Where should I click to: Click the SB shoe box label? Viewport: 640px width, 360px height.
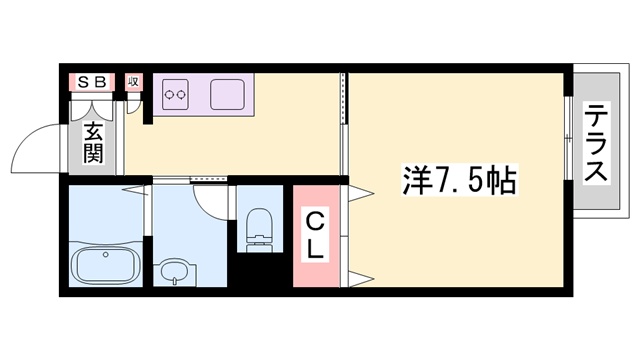tap(91, 81)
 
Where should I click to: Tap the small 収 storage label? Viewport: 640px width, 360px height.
tap(133, 81)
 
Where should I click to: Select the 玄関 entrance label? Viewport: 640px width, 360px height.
tap(93, 142)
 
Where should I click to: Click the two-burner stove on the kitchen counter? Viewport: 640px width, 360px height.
tap(176, 95)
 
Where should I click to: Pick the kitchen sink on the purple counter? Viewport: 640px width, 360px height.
tap(227, 94)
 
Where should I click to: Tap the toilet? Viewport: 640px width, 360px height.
tap(258, 225)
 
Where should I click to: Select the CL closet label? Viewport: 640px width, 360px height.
tap(314, 235)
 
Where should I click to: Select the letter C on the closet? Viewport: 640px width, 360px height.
tap(313, 220)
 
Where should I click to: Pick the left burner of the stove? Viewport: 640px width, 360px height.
tap(169, 95)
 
